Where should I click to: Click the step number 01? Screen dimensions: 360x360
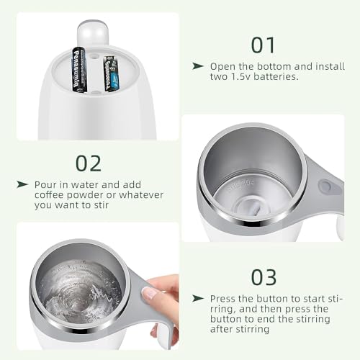263,45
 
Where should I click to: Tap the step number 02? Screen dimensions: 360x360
89,163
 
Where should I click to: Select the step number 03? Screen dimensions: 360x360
264,277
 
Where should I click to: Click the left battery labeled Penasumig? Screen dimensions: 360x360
78,70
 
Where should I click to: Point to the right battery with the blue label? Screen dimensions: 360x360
111,73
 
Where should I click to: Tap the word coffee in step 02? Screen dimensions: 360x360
49,195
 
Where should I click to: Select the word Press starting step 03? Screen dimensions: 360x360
222,299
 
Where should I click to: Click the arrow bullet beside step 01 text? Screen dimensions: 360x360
198,66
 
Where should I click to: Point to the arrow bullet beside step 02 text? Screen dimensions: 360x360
22,184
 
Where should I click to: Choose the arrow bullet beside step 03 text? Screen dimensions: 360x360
198,299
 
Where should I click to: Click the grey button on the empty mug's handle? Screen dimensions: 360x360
325,186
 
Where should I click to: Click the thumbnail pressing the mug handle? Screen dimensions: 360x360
148,293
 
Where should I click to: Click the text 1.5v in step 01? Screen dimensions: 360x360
241,76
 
